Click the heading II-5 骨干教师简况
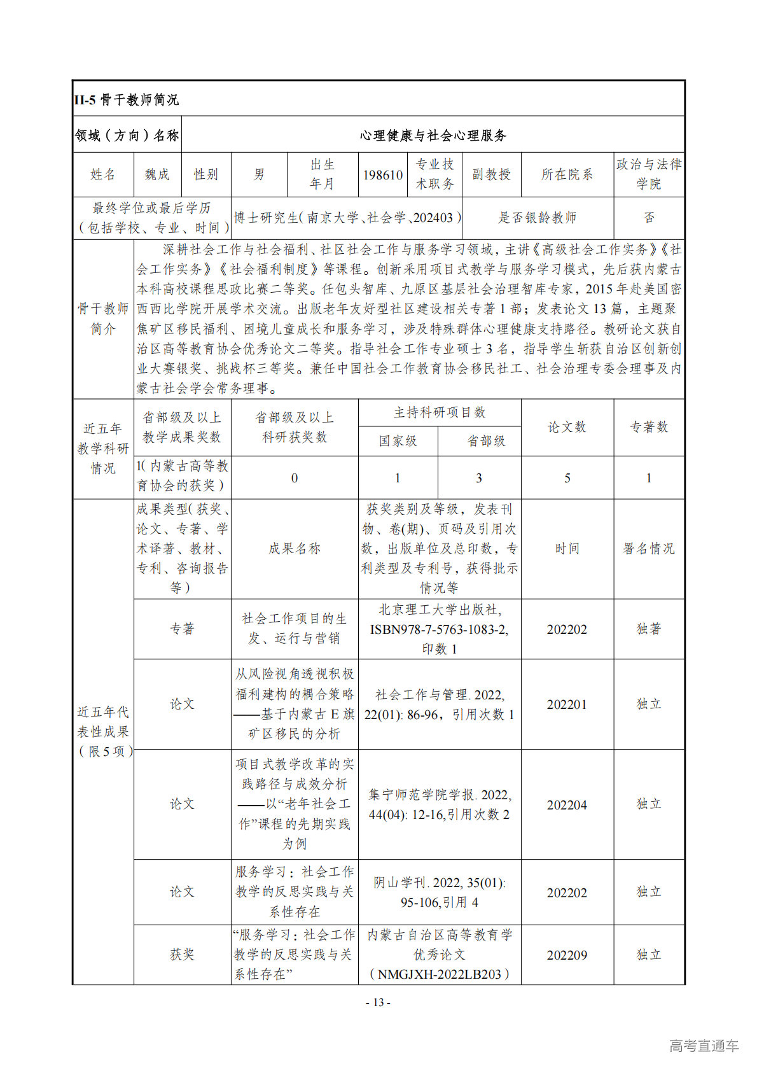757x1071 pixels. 127,100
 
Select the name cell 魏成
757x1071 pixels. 156,174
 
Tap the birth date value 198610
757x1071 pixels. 383,175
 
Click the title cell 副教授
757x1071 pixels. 491,174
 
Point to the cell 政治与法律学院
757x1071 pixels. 649,174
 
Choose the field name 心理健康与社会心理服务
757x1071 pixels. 433,136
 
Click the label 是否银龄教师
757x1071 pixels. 537,218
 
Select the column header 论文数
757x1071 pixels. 567,427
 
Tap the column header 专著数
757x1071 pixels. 649,427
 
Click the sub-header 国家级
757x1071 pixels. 398,441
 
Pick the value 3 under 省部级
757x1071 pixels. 479,478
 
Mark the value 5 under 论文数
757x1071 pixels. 567,478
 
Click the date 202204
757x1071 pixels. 567,805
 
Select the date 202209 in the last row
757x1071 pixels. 567,955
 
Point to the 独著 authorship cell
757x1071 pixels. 649,629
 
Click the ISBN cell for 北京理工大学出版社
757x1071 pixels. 440,629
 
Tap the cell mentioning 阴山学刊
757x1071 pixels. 440,892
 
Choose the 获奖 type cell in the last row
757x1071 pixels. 182,955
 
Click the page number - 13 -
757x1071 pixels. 378,1002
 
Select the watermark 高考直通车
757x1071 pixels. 704,1046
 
